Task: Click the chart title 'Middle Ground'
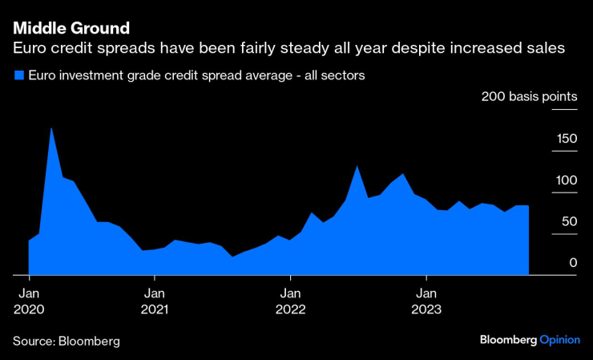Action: [71, 29]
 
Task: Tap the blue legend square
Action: [18, 76]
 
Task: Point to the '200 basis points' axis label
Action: [529, 97]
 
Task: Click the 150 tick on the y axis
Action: [567, 139]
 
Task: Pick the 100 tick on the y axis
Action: [567, 180]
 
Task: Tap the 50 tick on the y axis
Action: [568, 221]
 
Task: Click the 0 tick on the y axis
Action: [572, 263]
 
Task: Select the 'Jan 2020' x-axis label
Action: [30, 300]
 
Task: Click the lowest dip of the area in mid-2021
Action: [232, 257]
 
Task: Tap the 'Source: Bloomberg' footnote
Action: [67, 341]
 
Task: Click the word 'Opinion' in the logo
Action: [559, 340]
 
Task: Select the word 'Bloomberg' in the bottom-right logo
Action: [508, 340]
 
